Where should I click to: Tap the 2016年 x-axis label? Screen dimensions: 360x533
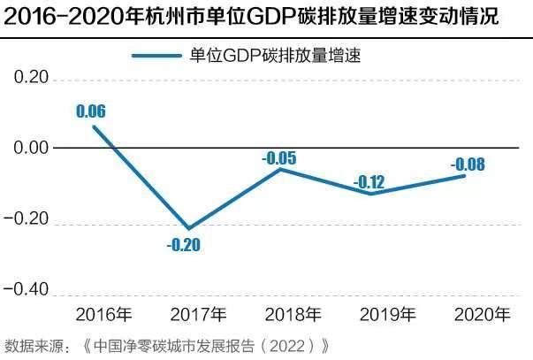point(105,314)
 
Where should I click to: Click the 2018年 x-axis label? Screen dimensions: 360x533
point(293,314)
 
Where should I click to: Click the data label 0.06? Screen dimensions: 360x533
point(91,112)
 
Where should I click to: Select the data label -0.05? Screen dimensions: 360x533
point(279,158)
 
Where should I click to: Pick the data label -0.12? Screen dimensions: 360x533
point(370,182)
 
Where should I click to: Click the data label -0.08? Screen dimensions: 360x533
point(466,164)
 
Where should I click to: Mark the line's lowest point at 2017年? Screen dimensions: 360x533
point(188,228)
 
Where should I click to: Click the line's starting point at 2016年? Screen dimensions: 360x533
point(94,126)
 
